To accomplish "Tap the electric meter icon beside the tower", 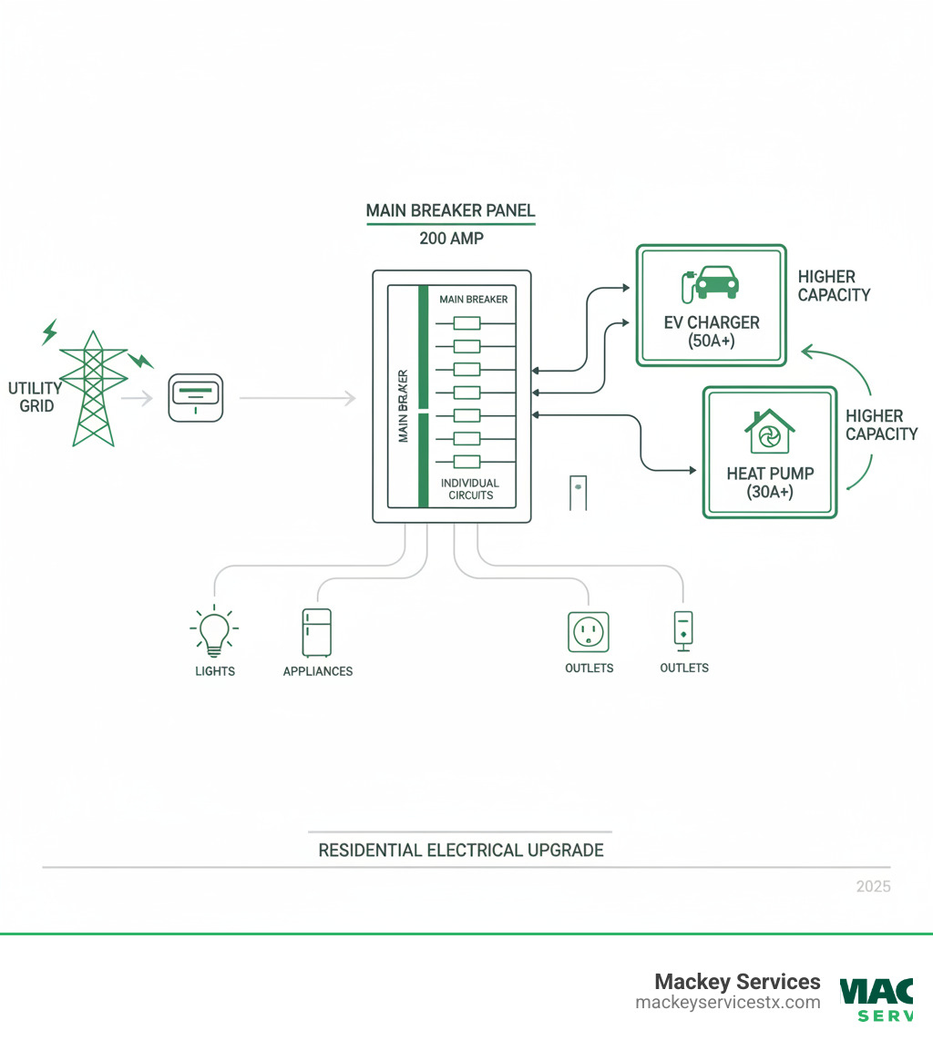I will (196, 398).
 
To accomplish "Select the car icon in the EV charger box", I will (714, 282).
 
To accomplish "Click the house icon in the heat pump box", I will (770, 432).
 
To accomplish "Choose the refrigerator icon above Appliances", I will (316, 632).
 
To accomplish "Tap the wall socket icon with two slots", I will (589, 631).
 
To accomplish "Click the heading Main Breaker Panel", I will (450, 210).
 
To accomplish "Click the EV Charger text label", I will (712, 323).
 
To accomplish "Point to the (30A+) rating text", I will (770, 493).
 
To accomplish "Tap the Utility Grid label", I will (36, 397).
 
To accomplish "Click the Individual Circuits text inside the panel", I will (469, 488).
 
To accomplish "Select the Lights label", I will (215, 671).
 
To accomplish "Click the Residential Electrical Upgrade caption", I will (460, 851).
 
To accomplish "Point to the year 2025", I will (873, 886).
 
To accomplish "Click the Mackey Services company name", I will (737, 982).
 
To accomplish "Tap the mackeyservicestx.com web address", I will (727, 1003).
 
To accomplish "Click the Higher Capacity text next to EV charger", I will (833, 285).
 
